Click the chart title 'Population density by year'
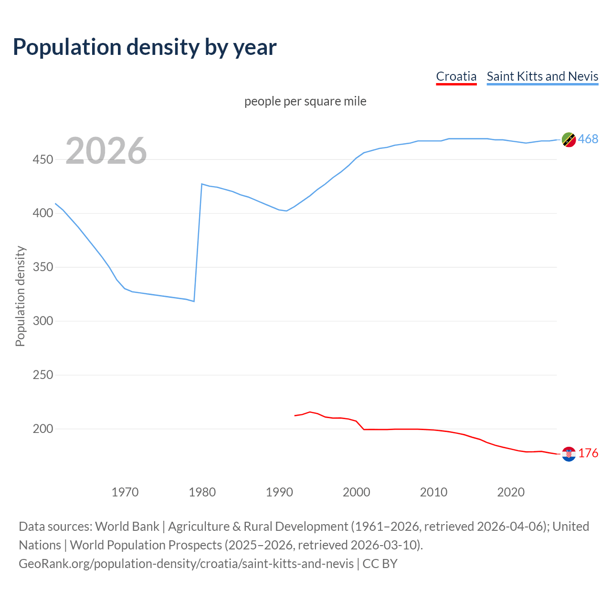(x=145, y=47)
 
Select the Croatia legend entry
(x=456, y=76)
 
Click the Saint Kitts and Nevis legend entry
(x=542, y=76)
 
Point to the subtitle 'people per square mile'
(x=305, y=101)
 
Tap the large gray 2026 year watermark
(x=106, y=151)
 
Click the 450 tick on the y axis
(x=42, y=159)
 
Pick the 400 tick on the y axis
(x=42, y=213)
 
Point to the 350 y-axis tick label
(x=42, y=267)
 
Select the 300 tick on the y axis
(x=42, y=321)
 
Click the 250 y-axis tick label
(x=42, y=375)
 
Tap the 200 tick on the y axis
(x=42, y=429)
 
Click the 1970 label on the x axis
(x=125, y=492)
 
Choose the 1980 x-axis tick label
(x=202, y=492)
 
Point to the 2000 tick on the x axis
(x=357, y=492)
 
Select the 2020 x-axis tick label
(x=511, y=492)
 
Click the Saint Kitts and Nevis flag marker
(x=569, y=140)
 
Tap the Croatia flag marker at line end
(x=569, y=454)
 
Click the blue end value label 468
(x=588, y=139)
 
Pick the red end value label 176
(x=588, y=453)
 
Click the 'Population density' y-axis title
(x=20, y=296)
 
